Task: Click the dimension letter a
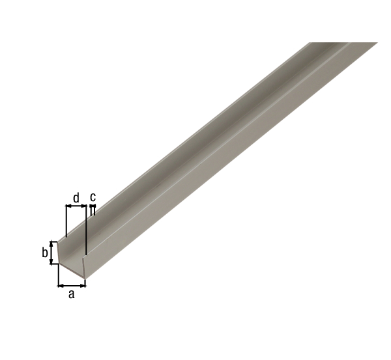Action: click(72, 294)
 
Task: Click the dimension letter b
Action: click(44, 253)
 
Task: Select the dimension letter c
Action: click(93, 197)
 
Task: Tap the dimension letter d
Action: click(76, 198)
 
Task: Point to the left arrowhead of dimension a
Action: click(61, 286)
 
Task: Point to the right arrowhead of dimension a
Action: click(83, 286)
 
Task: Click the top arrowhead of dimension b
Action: click(51, 243)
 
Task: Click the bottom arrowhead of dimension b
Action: click(51, 261)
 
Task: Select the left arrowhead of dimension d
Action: click(68, 206)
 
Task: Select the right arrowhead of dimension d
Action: click(83, 206)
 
